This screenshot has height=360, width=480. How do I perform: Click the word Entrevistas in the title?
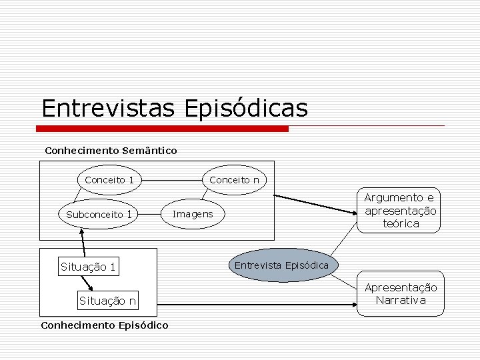tap(108, 108)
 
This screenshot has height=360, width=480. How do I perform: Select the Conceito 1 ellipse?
tap(109, 180)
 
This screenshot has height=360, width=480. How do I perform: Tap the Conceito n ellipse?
tap(234, 180)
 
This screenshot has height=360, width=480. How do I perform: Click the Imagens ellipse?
tap(193, 214)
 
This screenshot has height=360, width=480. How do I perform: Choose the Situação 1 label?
tap(88, 267)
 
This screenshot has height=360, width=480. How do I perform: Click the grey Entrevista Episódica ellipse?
tap(281, 265)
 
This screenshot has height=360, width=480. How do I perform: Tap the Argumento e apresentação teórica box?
tap(400, 210)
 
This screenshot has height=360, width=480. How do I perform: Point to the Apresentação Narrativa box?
tap(400, 293)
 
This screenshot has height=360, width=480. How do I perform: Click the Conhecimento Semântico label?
tap(111, 151)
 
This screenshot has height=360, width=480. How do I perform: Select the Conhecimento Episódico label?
tap(105, 325)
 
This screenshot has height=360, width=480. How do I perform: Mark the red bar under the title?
tap(164, 128)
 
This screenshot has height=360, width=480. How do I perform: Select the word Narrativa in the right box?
tap(400, 300)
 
